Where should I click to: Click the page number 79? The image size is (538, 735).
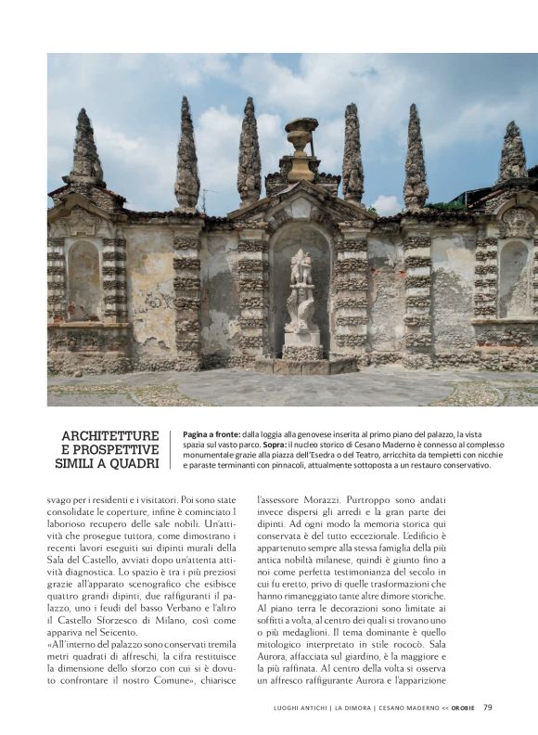pos(487,707)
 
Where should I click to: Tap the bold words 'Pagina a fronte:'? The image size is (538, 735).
pos(211,433)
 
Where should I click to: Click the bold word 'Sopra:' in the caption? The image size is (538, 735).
pos(278,445)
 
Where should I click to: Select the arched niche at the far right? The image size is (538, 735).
pos(512,278)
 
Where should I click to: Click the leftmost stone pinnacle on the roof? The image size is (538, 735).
pos(86,148)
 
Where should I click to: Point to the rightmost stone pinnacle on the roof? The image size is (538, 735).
pos(512,153)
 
